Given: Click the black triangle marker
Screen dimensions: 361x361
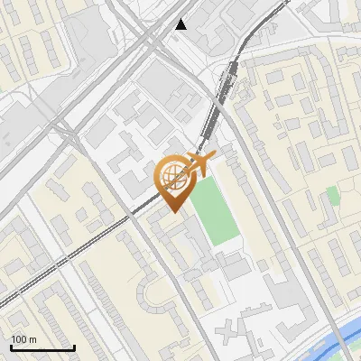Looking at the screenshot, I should tap(181, 24).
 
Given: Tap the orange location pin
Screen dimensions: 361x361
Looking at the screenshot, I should tap(173, 180).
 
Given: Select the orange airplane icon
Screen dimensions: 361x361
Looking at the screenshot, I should tap(199, 164).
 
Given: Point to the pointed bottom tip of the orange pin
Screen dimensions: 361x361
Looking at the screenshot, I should tap(173, 210).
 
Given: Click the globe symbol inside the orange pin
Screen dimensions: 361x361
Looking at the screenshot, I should tap(172, 175).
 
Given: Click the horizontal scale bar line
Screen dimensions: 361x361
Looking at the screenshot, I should tap(42, 348).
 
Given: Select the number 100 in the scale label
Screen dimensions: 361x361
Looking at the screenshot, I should tap(19, 339).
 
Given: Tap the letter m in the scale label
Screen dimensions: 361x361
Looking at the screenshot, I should tap(32, 339).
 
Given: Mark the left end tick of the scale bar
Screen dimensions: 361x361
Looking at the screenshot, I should tap(11, 347).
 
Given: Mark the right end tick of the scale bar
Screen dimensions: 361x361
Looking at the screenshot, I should tap(74, 347).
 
